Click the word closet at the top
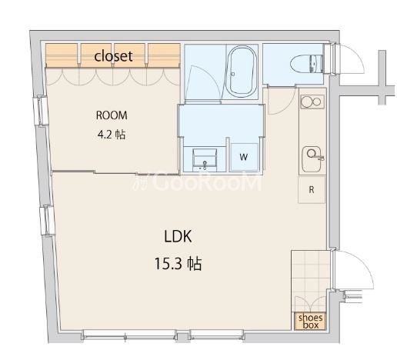113,55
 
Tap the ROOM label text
112,115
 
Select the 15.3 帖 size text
176,264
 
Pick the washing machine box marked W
243,157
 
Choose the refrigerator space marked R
311,189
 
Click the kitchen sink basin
312,153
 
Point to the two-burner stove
312,102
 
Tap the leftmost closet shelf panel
62,55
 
